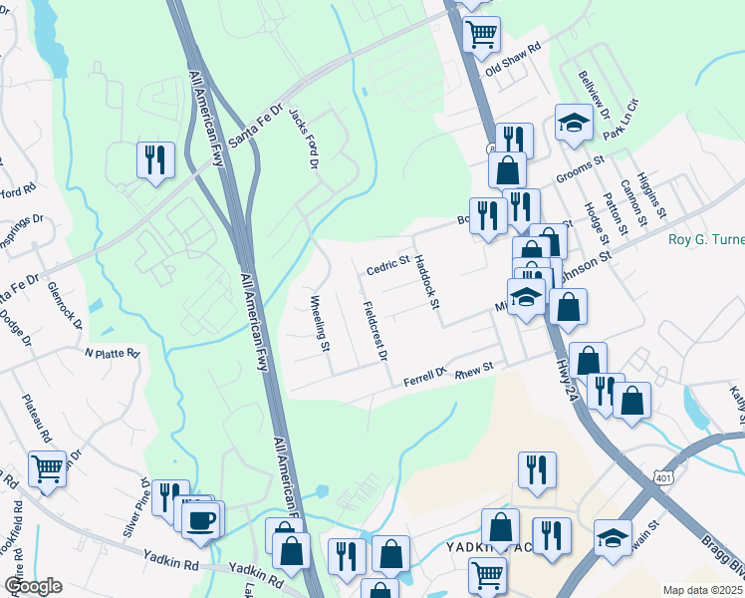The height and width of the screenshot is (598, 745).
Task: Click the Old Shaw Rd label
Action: click(512, 61)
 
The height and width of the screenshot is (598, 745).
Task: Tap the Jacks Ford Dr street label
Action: click(303, 138)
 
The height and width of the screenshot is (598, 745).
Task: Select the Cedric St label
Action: click(388, 266)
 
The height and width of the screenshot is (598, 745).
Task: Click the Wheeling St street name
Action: click(320, 324)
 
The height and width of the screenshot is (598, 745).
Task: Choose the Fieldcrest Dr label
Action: click(374, 331)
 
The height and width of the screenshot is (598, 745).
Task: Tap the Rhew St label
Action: click(474, 370)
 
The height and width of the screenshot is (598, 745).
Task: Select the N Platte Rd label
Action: click(115, 353)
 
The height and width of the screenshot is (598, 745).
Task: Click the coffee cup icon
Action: click(202, 519)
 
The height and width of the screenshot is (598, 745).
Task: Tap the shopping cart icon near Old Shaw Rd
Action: click(482, 33)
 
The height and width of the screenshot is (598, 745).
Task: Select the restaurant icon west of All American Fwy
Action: click(155, 159)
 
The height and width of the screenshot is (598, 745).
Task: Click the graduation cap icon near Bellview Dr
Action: click(574, 123)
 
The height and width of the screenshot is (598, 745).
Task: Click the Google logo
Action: click(33, 586)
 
